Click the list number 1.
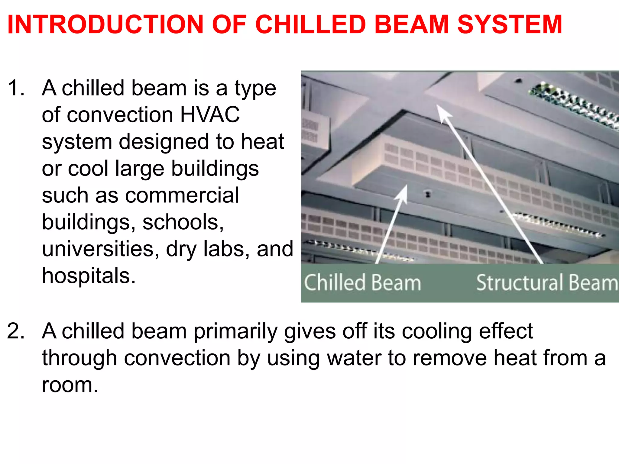point(16,88)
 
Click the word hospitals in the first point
point(89,276)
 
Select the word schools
point(183,222)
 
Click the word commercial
point(182,195)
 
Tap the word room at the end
point(70,385)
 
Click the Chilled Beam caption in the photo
point(362,283)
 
